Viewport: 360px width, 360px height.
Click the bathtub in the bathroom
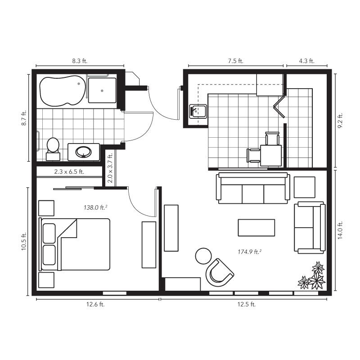click(63, 91)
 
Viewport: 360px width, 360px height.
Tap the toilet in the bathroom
click(53, 149)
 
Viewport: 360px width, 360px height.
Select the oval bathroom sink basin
click(84, 152)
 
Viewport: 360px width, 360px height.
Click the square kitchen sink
click(198, 111)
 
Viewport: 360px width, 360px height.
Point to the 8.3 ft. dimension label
click(80, 61)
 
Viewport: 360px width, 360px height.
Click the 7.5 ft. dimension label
click(235, 61)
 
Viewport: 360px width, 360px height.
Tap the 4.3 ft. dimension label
click(306, 61)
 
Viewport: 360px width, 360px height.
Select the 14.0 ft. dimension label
click(340, 230)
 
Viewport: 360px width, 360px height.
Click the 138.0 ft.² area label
click(95, 207)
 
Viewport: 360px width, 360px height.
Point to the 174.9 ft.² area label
click(250, 252)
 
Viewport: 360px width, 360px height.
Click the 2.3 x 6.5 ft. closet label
click(69, 171)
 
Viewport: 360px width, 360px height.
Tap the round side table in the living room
click(203, 256)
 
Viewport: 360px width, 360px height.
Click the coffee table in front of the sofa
click(256, 228)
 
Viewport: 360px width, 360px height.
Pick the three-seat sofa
click(253, 188)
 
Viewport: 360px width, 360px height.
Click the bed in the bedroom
click(75, 244)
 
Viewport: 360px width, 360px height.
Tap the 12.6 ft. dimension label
click(95, 305)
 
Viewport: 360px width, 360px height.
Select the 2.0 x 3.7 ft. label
click(110, 168)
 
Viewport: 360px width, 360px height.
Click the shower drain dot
click(102, 91)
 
